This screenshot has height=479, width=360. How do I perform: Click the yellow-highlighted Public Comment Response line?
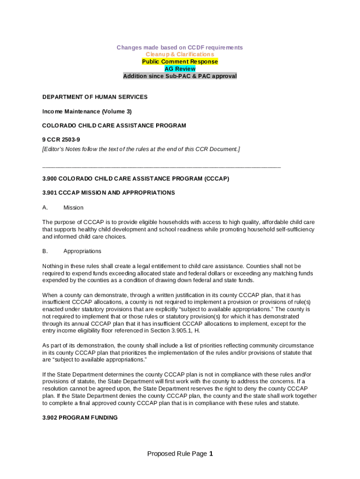click(x=180, y=62)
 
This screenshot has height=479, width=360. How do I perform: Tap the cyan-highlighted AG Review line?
click(x=180, y=69)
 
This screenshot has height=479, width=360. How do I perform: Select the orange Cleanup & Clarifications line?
click(x=180, y=55)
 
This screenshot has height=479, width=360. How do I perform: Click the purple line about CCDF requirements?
click(x=180, y=48)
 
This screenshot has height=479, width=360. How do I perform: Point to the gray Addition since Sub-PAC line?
click(x=180, y=76)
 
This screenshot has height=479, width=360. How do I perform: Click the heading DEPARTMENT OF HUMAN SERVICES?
click(x=95, y=97)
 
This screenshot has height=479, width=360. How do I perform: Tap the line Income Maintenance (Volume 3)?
click(x=87, y=111)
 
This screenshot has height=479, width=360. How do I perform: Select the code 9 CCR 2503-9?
click(x=61, y=140)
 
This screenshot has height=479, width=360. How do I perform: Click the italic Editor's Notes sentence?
click(x=141, y=149)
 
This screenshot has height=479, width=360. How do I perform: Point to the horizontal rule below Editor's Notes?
click(x=161, y=167)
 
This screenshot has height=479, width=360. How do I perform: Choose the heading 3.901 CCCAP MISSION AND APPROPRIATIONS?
click(x=108, y=193)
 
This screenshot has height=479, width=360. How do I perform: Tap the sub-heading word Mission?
click(x=73, y=208)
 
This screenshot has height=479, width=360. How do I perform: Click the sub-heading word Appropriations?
click(x=82, y=251)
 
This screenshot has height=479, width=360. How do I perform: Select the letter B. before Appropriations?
click(x=45, y=251)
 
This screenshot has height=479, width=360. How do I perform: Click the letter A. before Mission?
click(x=45, y=208)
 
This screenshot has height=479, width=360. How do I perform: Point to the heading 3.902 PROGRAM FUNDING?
click(x=80, y=418)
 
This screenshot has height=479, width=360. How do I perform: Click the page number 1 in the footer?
click(x=211, y=454)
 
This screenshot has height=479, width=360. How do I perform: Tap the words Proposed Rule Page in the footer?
click(x=177, y=454)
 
